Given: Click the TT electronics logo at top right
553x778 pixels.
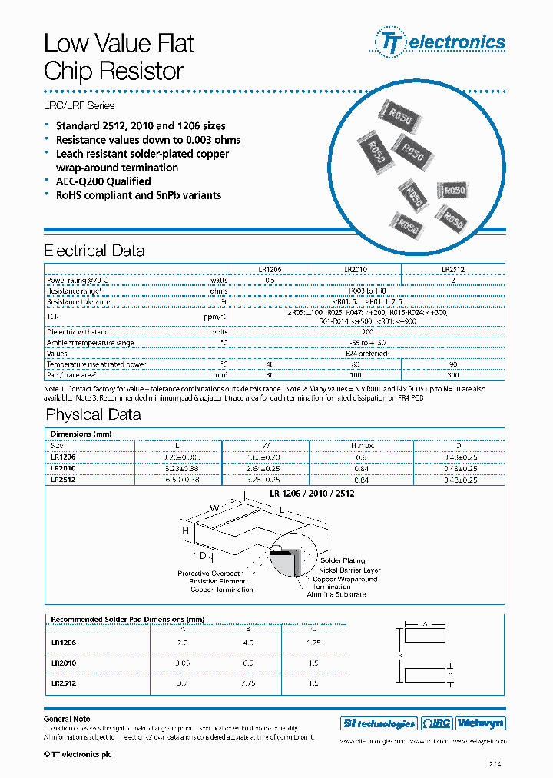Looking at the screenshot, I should [x=440, y=42].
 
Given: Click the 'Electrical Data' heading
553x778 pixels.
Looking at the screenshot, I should [x=94, y=251].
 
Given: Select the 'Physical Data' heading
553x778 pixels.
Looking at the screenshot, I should [x=93, y=415].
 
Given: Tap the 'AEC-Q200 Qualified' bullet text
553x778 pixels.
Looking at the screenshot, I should [x=103, y=181].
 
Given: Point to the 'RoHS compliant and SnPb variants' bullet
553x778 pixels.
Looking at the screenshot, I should [x=138, y=195].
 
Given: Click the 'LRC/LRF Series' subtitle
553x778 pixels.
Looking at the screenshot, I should [x=79, y=105].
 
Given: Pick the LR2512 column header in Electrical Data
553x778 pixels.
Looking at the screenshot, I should [x=453, y=270].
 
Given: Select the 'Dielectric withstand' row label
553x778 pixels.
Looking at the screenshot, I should [x=78, y=332].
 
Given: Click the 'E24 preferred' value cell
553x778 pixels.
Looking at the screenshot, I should [x=368, y=354].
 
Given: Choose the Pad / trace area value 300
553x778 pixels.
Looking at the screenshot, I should [x=453, y=374].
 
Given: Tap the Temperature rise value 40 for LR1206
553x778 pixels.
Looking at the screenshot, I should [x=270, y=364].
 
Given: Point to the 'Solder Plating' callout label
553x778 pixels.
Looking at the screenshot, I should [x=342, y=560].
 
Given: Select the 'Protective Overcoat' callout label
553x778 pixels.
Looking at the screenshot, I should [x=209, y=574].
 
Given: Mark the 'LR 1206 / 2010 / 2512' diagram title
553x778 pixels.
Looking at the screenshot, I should [x=312, y=494].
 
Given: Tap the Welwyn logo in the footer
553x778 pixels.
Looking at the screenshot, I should [x=481, y=723].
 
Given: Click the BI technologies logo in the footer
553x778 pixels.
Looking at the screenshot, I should [x=378, y=723].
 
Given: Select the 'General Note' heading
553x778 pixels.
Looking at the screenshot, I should [x=68, y=719].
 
